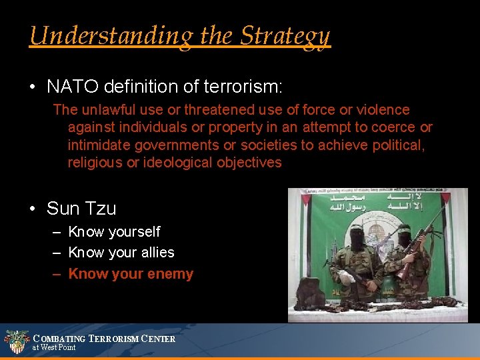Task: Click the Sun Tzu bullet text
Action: point(81,209)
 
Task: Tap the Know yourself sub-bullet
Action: point(114,232)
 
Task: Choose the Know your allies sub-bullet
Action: point(121,253)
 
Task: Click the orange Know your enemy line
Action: point(131,274)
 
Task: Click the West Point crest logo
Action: point(16,342)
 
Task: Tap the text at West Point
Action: point(54,347)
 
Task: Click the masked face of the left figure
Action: point(357,240)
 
